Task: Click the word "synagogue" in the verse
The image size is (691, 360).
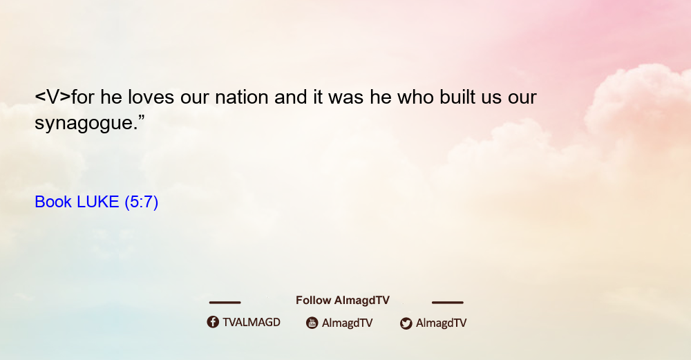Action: [84, 122]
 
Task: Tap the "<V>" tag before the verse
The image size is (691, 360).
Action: [53, 97]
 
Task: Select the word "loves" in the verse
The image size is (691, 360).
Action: [151, 97]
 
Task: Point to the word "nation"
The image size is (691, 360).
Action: [241, 97]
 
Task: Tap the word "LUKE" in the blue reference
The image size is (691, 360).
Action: [98, 202]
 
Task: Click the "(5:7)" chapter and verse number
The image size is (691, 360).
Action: [142, 202]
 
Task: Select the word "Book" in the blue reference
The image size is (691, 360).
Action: [53, 202]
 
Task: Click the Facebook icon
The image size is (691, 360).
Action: [213, 322]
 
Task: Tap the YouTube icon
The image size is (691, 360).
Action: [312, 323]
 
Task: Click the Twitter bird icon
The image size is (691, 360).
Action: [406, 323]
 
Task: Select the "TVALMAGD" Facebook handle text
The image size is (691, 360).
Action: [252, 322]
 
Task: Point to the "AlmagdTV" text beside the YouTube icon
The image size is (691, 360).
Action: [348, 323]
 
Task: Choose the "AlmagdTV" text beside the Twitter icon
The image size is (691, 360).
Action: [441, 323]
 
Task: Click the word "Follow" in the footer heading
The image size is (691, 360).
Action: [313, 300]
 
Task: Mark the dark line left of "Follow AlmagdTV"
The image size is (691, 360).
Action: [225, 302]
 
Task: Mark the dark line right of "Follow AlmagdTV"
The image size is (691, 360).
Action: [448, 302]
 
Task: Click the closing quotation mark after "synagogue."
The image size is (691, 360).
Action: [141, 117]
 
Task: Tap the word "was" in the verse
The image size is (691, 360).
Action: [346, 97]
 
